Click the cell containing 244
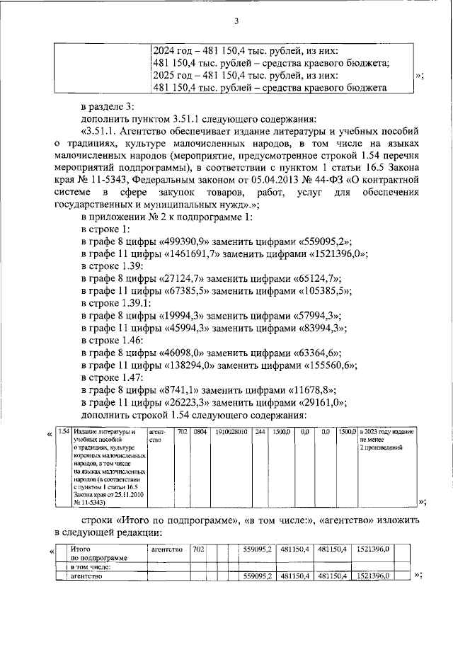click(x=260, y=431)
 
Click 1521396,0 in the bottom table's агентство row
click(x=372, y=576)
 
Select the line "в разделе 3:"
click(x=110, y=105)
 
